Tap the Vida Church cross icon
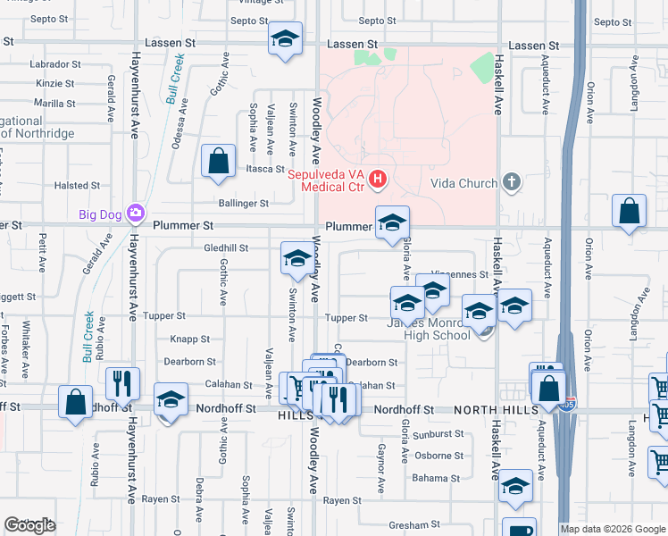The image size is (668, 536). coord(511,183)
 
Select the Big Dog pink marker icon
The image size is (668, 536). coord(135,213)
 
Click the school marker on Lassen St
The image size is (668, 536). coord(285,39)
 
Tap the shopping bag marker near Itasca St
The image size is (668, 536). coord(218,162)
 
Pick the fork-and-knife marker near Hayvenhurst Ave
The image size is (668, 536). coord(122,382)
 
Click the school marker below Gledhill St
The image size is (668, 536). coord(297,259)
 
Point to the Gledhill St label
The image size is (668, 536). coord(225,247)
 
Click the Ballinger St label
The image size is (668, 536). coord(243,204)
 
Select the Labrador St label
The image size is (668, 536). coord(55,64)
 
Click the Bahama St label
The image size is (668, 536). coord(436,479)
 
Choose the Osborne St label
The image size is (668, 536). coord(438,456)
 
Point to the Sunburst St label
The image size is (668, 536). coord(438,434)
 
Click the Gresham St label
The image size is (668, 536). coord(410,525)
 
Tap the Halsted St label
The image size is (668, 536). coord(71,186)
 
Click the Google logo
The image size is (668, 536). coord(29,526)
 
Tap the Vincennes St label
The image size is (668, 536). coord(460,275)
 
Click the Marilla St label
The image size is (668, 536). coord(55,104)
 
